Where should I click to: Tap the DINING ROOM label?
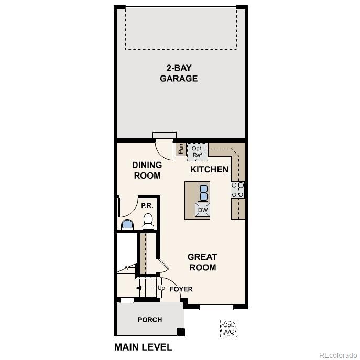pos(147,170)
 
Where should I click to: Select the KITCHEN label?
pos(209,169)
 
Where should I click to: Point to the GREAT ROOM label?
pos(202,262)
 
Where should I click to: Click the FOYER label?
pos(181,289)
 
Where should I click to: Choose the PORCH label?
pos(150,320)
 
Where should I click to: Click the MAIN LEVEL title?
pos(143,347)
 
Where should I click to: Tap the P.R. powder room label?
pos(147,206)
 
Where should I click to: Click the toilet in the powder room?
pos(148,222)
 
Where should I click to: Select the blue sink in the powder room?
pos(127,225)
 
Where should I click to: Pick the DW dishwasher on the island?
pos(203,211)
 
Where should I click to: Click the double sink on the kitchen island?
pos(202,193)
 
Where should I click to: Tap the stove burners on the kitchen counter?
pos(238,190)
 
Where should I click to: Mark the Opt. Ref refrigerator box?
pos(197,151)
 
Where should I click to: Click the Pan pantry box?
pos(180,149)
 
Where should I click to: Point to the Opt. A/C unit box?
pos(228,329)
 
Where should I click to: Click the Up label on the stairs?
pos(161,288)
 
